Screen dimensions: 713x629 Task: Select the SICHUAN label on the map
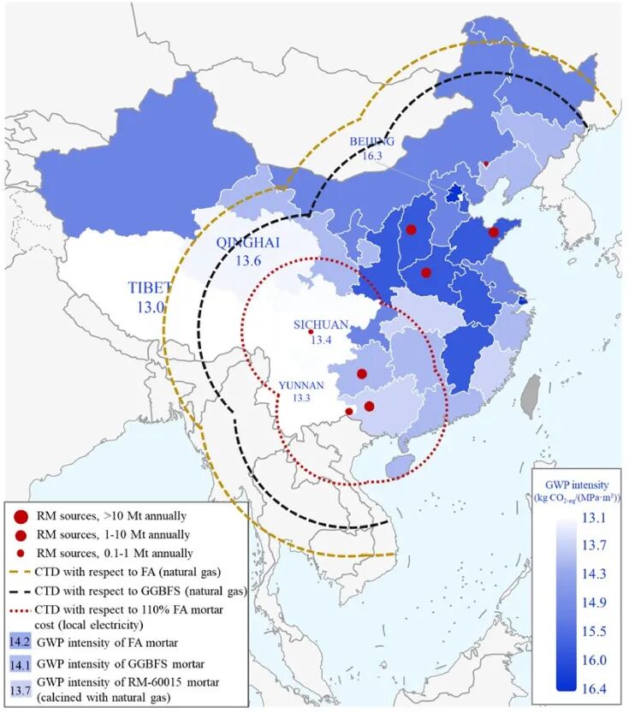pos(321,324)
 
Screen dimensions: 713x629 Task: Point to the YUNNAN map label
pos(300,385)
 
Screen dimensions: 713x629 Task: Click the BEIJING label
pos(371,141)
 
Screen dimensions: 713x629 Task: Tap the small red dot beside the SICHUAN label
pos(311,333)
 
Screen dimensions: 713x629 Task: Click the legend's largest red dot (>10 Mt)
pos(20,516)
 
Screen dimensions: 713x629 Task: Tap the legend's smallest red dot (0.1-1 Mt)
pos(20,553)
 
